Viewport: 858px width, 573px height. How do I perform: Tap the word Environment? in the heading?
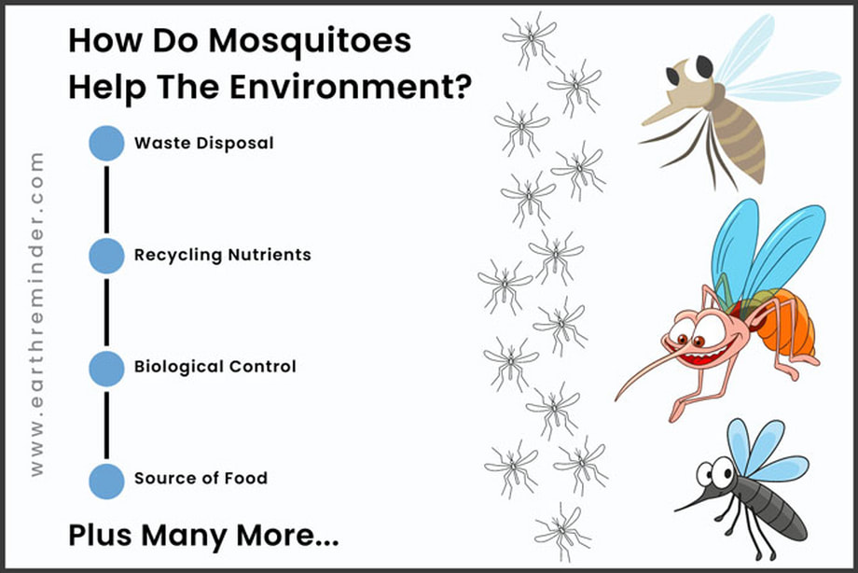click(351, 87)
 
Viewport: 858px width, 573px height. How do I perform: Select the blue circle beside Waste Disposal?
click(106, 143)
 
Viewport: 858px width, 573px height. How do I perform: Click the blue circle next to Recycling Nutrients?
click(106, 256)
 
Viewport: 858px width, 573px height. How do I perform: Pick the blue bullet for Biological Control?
click(106, 368)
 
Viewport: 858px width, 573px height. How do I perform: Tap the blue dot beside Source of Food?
click(106, 481)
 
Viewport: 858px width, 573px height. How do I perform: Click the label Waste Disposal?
click(204, 144)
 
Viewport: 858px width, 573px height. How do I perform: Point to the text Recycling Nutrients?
click(223, 256)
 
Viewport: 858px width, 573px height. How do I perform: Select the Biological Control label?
click(215, 367)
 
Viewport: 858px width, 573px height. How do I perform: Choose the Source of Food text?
click(201, 478)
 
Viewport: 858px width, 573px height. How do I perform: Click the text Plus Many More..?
click(203, 536)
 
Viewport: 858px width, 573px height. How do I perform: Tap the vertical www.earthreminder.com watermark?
click(36, 314)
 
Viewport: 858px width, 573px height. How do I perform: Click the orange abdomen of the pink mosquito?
click(788, 323)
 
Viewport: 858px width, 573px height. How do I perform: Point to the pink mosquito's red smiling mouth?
click(704, 354)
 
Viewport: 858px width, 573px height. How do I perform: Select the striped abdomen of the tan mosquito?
click(740, 137)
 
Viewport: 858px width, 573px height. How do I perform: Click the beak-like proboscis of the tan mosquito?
click(664, 112)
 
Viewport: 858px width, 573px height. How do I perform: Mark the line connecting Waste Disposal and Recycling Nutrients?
click(106, 200)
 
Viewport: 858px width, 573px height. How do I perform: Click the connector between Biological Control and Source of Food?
click(106, 426)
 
